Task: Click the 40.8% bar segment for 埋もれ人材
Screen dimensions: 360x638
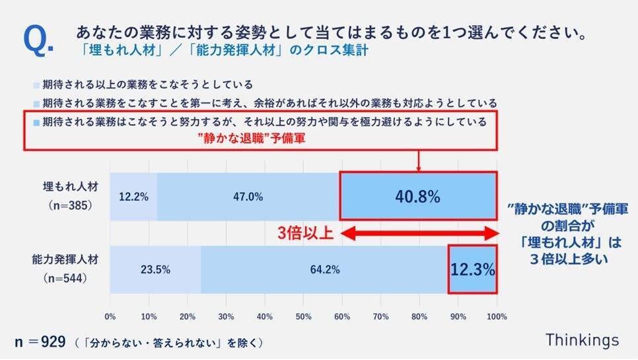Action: pos(419,196)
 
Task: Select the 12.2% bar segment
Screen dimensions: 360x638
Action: pos(133,196)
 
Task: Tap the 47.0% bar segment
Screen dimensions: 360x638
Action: pos(248,196)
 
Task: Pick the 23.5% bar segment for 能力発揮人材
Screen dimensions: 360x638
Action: pos(155,270)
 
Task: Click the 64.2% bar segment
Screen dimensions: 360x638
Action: pos(324,270)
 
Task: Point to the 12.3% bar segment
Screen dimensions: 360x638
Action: pos(473,270)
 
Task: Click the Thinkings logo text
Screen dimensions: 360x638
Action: pos(582,340)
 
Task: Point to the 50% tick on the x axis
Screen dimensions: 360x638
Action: pos(303,315)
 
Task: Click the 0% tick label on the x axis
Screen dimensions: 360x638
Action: pos(110,315)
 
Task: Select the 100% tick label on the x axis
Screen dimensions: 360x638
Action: pos(497,315)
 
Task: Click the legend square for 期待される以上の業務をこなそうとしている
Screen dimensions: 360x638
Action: pos(36,85)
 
